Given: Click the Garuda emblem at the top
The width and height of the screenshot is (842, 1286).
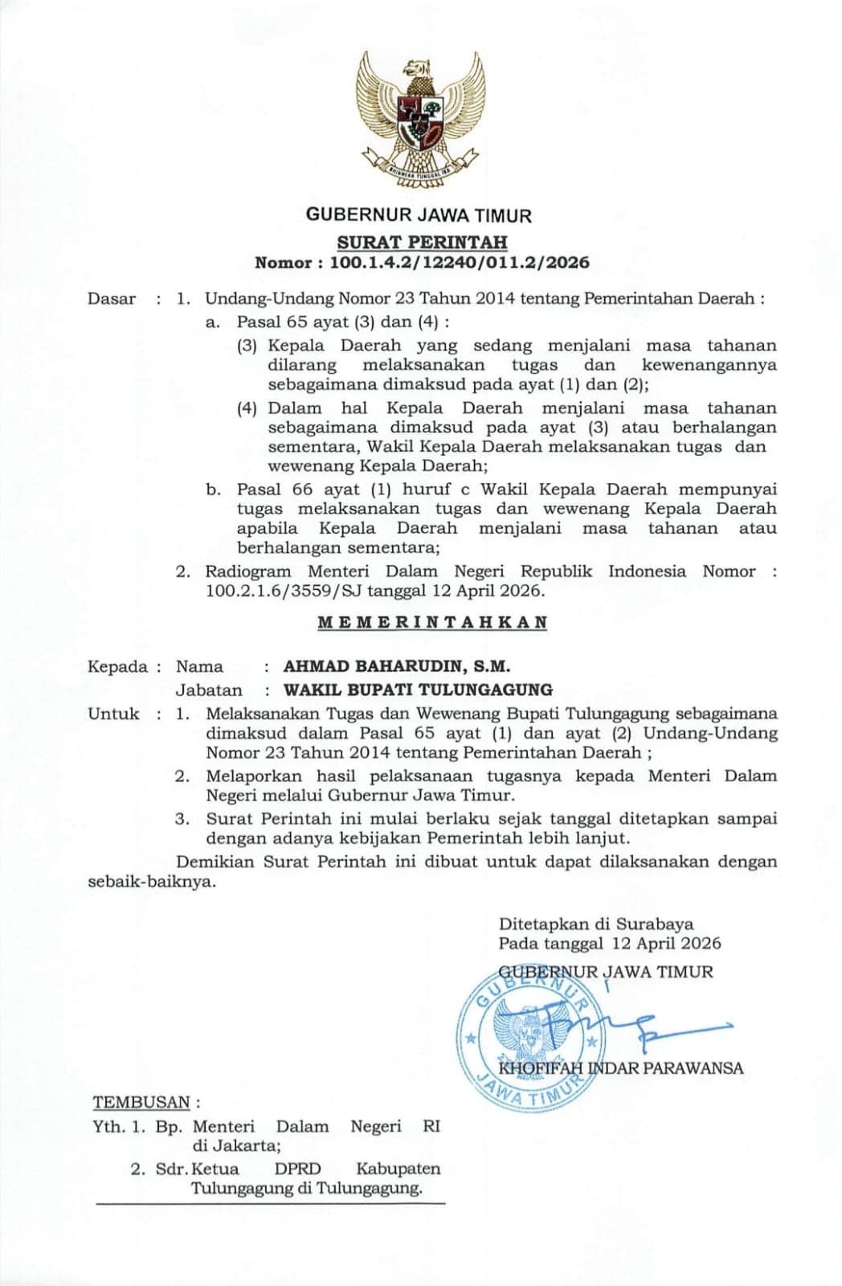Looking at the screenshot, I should point(420,121).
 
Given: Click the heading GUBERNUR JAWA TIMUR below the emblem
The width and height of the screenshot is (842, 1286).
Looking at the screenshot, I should point(419,215).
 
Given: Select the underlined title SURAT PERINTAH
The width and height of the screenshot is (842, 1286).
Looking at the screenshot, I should point(422,242).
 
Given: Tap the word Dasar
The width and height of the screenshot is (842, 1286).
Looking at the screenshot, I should point(112,299).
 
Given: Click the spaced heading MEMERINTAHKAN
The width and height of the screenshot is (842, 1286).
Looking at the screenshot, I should point(432,622).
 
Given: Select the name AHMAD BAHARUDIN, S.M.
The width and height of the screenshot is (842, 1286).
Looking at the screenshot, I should point(397,666).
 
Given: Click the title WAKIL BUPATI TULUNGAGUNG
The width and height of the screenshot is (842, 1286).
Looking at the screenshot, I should point(418,690).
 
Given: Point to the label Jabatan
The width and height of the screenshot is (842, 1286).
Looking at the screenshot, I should point(209,690).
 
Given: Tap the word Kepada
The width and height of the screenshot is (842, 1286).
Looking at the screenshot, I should point(118,666).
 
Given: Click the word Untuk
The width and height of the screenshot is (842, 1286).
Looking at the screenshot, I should point(113,714).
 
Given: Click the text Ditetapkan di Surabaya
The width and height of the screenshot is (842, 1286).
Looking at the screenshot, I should point(596,924).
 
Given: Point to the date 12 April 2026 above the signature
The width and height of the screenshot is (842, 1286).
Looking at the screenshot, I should point(666,944).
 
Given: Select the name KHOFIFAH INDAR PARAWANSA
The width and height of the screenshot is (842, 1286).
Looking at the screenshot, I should point(620,1068).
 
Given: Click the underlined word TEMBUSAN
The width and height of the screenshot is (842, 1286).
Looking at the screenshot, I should point(141,1102).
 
